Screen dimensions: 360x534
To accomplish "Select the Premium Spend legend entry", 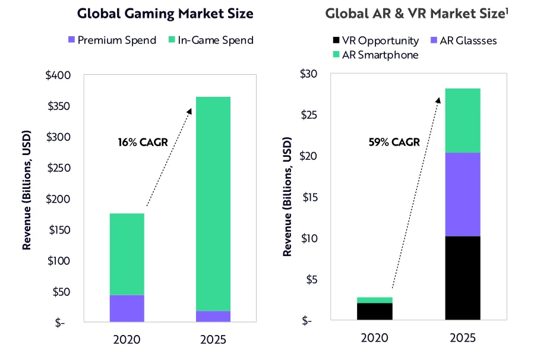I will point(112,40).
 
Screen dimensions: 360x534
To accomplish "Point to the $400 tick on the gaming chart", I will point(58,75).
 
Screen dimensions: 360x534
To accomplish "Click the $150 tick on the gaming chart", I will point(58,230).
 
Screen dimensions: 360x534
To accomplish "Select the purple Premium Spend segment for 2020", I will point(126,308).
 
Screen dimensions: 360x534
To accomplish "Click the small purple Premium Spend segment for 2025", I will point(213,317).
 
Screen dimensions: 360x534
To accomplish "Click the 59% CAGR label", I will point(394,142).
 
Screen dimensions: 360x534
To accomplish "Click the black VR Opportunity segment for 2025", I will point(463,278).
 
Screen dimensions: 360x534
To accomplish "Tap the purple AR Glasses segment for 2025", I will point(463,194).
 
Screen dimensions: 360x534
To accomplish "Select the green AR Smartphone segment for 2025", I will point(463,120).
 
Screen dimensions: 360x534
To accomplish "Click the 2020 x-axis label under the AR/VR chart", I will point(374,339).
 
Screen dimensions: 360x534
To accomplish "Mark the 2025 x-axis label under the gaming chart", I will point(213,340).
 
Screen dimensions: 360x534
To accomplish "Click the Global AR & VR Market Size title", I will point(416,14).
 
